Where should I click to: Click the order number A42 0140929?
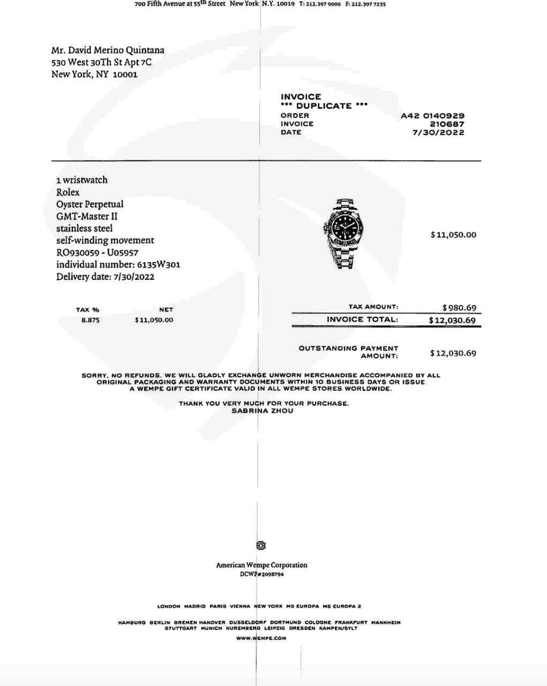click(x=432, y=115)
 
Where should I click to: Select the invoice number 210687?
click(x=447, y=124)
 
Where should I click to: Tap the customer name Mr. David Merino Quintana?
click(x=108, y=50)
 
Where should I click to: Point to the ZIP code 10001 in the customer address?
click(x=125, y=74)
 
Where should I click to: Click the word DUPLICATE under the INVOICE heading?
click(x=324, y=106)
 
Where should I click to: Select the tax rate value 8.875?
click(x=90, y=320)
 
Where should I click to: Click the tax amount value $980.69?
click(x=459, y=308)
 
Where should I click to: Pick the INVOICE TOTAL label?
click(x=362, y=319)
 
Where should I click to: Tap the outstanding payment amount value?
click(x=453, y=353)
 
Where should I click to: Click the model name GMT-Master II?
click(x=87, y=217)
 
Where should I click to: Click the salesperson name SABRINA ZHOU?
click(x=262, y=411)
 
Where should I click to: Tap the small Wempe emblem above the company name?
click(x=261, y=546)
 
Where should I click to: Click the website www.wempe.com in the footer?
click(x=261, y=638)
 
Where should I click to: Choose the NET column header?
click(x=166, y=310)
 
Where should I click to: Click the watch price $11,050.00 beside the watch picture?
click(x=453, y=235)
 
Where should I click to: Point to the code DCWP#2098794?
click(x=262, y=575)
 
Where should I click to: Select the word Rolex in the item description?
click(x=68, y=192)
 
